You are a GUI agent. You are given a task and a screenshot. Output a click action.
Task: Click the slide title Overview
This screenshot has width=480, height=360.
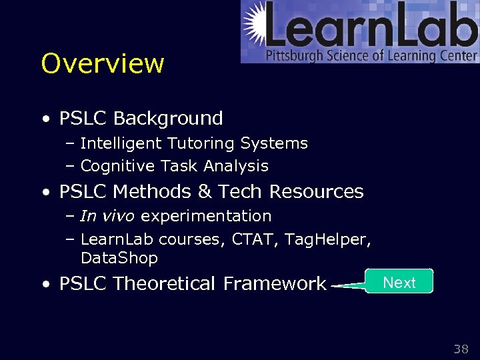tap(102, 64)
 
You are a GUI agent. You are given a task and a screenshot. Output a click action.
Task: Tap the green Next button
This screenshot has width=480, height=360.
tap(399, 282)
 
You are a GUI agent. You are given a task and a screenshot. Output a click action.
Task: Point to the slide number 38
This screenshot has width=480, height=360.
tap(461, 349)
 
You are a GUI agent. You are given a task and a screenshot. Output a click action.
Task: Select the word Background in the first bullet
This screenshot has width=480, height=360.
tap(168, 119)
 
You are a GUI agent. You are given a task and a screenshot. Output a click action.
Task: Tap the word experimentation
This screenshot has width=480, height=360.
tap(206, 216)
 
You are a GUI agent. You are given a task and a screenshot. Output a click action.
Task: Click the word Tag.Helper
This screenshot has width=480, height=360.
tap(327, 239)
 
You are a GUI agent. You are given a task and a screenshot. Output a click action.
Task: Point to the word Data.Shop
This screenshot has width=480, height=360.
tap(119, 258)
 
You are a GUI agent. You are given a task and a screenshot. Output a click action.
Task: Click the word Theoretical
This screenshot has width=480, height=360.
tap(164, 284)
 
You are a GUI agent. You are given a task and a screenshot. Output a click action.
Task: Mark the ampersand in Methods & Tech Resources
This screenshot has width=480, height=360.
tap(204, 192)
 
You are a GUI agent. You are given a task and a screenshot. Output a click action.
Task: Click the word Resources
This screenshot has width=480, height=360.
tap(316, 192)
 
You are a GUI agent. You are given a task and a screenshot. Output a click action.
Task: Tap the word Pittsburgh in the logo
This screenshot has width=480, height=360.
tap(294, 56)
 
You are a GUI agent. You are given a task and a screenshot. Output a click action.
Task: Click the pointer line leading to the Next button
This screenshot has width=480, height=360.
tap(348, 285)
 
